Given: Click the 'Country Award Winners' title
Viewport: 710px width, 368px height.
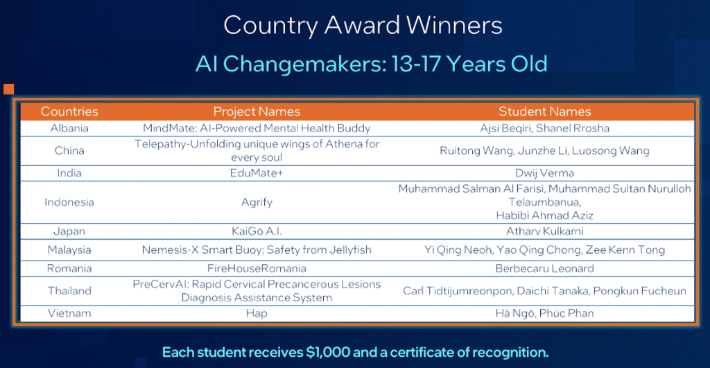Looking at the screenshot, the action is tap(363, 26).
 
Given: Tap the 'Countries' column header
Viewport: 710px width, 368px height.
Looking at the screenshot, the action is tap(69, 112).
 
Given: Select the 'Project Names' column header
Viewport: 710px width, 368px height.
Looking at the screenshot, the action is tap(257, 112).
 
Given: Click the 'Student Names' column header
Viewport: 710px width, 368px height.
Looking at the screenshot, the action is tap(545, 112).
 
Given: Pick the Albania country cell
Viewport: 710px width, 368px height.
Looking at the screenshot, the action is tap(69, 128).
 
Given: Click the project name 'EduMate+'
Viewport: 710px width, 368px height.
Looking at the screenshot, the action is tap(257, 173).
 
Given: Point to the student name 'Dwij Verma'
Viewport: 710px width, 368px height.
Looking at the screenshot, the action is tap(545, 173).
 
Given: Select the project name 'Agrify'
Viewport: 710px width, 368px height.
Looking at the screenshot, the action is tap(257, 202).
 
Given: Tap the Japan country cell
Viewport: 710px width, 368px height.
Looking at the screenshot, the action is tap(69, 231).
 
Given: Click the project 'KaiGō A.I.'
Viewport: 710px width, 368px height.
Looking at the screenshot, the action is tap(257, 231).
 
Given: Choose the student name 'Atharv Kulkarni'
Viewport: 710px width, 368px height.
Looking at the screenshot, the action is tap(545, 231).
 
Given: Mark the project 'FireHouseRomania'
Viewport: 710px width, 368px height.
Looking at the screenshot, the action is tap(257, 268).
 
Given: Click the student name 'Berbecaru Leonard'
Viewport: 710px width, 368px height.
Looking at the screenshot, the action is tap(545, 268).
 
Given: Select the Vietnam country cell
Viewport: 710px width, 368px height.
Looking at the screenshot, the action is tap(69, 313).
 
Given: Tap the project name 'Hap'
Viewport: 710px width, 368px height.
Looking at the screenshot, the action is tap(257, 314).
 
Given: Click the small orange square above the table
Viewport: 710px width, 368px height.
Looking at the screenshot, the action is tap(8, 89).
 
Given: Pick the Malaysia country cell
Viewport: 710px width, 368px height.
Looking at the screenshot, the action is tap(69, 250).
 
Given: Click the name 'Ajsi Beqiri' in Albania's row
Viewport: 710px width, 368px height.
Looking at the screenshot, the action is tap(506, 128).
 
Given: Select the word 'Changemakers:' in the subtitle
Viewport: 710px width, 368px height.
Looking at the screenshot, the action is tap(305, 64).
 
